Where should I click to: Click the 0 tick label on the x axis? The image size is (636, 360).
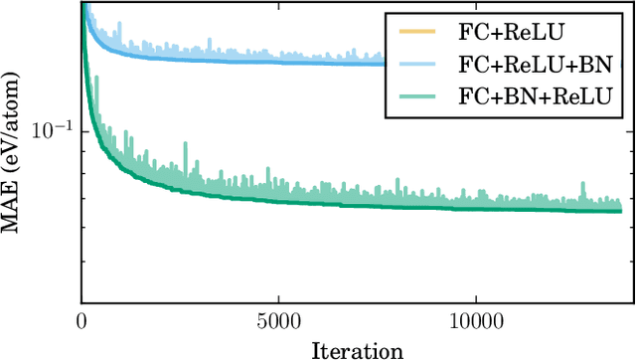tap(80, 322)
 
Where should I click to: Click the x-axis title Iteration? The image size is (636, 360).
tap(357, 349)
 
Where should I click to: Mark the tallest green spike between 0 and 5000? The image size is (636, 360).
tap(185, 143)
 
